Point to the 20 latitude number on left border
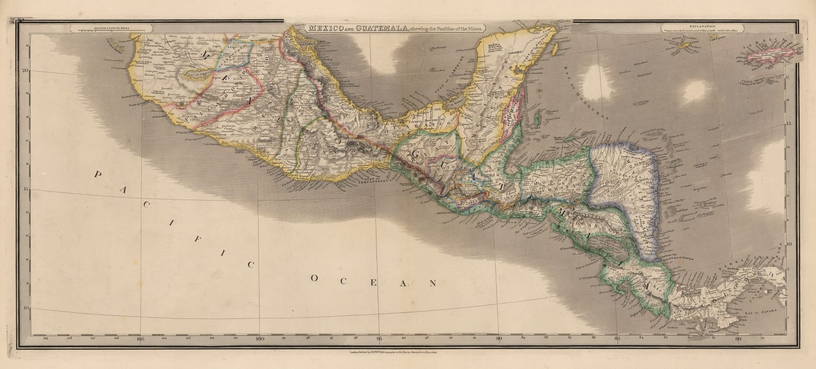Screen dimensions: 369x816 pos(24,71)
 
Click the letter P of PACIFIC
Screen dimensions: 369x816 pos(96,175)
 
